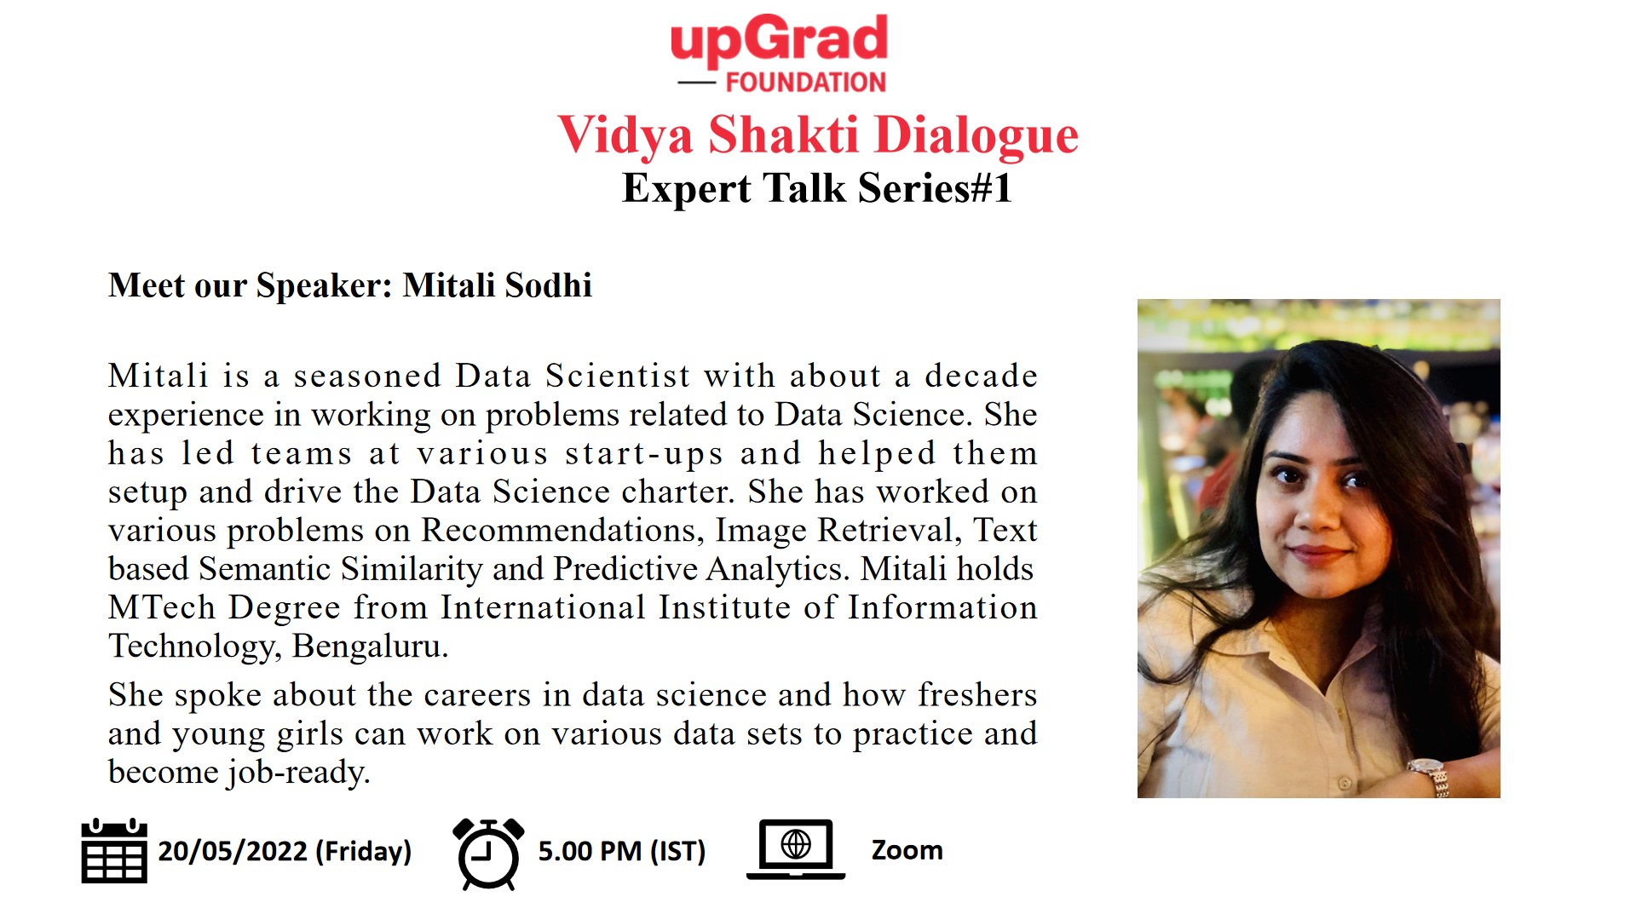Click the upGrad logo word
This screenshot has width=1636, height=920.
[779, 40]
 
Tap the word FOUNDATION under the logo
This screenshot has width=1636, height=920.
[806, 83]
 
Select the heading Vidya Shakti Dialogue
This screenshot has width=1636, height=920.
[818, 135]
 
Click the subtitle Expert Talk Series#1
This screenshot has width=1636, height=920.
[817, 188]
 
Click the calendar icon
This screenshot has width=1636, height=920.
[114, 850]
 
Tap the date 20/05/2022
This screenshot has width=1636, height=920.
[233, 851]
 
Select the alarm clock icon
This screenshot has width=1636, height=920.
[488, 854]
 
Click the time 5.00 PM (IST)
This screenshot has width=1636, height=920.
[622, 851]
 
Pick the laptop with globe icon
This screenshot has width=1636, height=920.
[796, 849]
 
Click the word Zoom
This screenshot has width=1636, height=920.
[907, 850]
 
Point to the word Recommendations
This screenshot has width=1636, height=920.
[563, 531]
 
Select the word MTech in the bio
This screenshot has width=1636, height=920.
[162, 607]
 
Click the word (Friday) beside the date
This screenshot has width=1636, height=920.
[364, 851]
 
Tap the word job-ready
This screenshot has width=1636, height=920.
[298, 773]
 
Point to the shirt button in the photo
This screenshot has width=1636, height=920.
[1344, 781]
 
